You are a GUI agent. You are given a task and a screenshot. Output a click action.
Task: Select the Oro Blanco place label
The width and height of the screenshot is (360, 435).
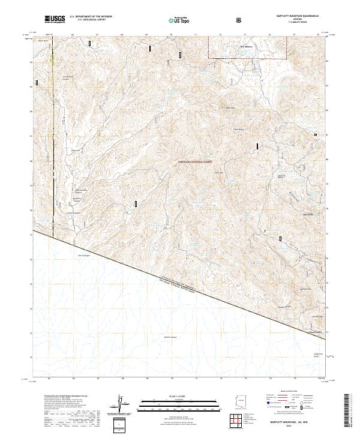click(247, 46)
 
